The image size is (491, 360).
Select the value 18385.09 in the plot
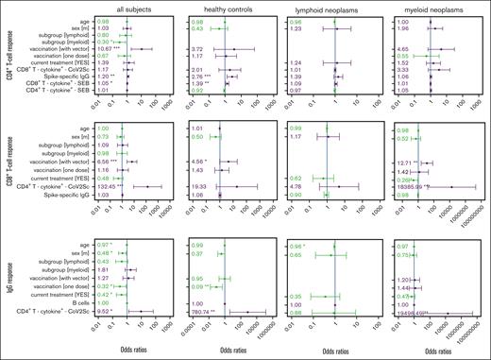point(408,214)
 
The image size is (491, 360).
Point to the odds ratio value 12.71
point(404,189)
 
